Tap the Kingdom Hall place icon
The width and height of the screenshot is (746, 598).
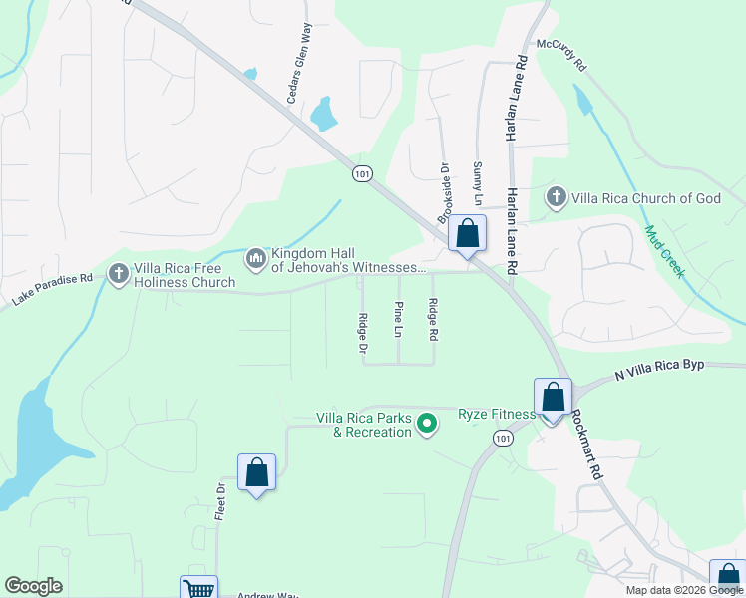pos(256,260)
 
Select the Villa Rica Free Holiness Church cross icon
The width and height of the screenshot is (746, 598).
pos(119,273)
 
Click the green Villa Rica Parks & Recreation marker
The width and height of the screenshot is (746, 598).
pos(427,425)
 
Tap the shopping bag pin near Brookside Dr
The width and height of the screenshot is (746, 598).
pos(467,234)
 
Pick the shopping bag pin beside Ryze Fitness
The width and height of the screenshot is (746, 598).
pos(553,397)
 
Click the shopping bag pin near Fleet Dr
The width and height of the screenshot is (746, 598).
pos(256,472)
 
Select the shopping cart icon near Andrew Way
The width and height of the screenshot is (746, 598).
pos(198,588)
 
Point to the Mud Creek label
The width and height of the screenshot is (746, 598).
pos(664,251)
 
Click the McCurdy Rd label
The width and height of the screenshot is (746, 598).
pos(561,57)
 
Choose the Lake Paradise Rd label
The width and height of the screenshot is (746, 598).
pos(52,289)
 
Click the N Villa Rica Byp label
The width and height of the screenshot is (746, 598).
pos(660,370)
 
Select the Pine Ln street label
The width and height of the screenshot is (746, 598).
pos(399,318)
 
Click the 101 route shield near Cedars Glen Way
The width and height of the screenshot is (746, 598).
pos(362,173)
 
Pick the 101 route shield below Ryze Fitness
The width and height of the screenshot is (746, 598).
pos(503,439)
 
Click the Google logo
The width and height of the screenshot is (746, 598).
pos(33,586)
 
